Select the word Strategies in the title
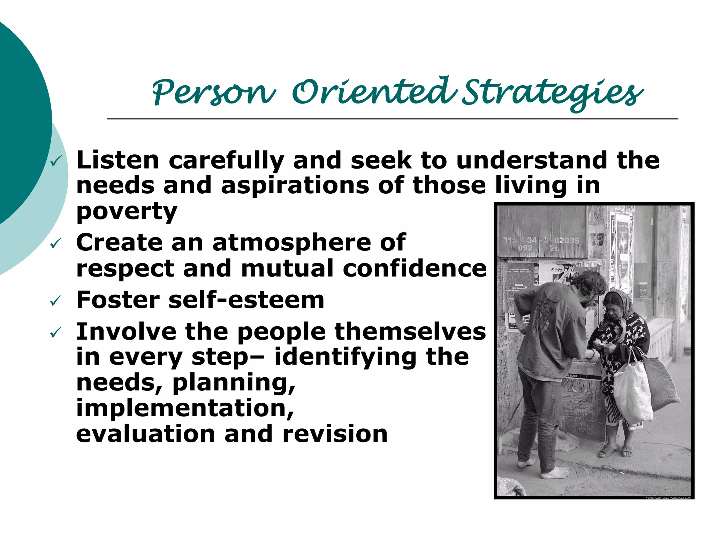coord(553,93)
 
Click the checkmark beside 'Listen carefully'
coord(56,161)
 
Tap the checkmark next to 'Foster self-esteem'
coord(56,300)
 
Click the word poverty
coord(127,211)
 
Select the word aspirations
coord(295,185)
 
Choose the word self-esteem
coord(246,300)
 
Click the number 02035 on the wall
coord(567,240)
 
